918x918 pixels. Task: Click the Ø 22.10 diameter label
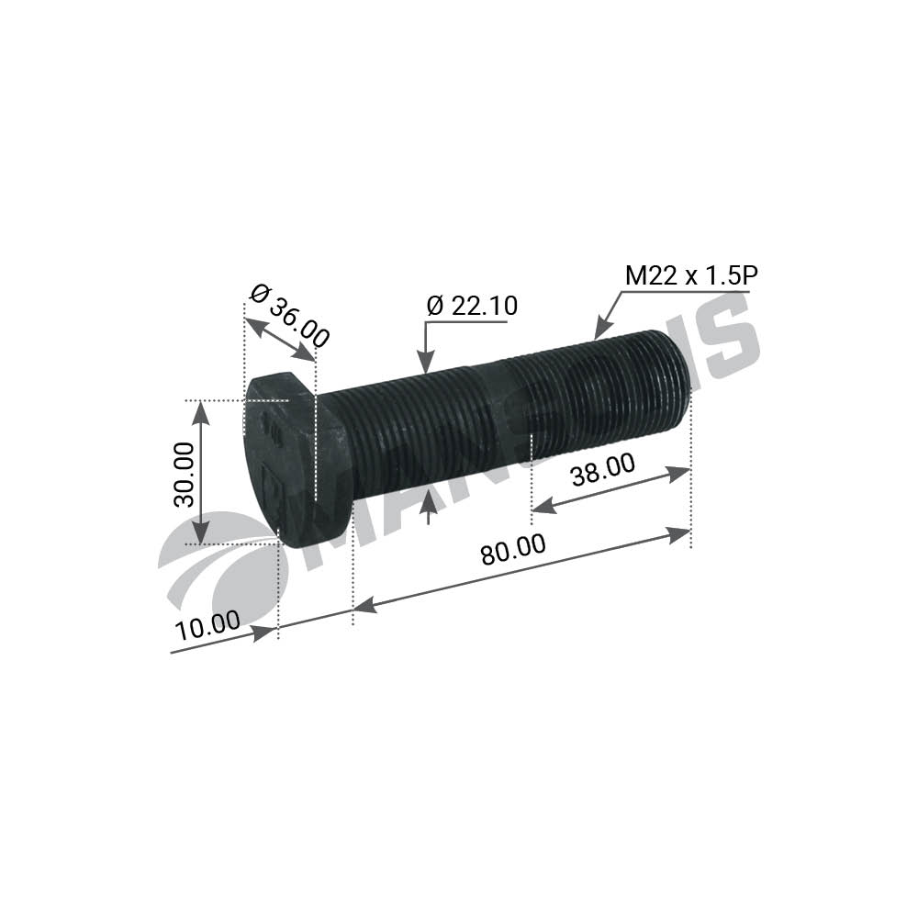[472, 306]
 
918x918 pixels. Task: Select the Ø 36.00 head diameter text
[289, 317]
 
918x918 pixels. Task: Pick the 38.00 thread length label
[601, 471]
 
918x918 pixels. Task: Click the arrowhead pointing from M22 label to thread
[600, 330]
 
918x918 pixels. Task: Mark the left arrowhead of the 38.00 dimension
[543, 506]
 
